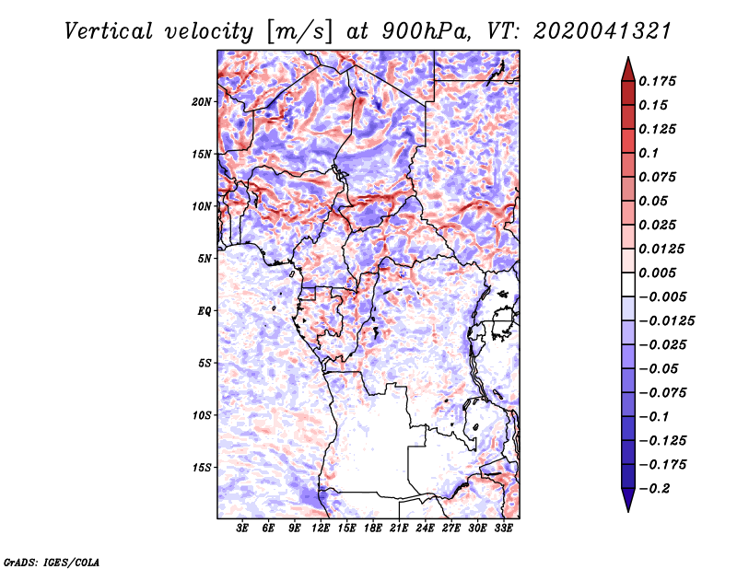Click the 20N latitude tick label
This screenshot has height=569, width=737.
[x=202, y=102]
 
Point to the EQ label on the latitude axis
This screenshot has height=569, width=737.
[x=204, y=311]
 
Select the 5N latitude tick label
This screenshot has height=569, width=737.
[x=205, y=259]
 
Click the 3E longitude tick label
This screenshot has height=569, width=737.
[x=242, y=528]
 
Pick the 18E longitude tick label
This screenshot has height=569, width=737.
[x=373, y=528]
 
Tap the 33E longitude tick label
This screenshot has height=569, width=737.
[x=503, y=528]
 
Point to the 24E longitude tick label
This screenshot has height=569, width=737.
[x=425, y=528]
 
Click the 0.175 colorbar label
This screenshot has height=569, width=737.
[x=657, y=81]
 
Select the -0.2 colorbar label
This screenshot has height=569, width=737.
[x=654, y=489]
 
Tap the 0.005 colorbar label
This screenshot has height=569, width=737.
[x=657, y=273]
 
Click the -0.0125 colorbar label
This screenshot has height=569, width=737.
[x=666, y=321]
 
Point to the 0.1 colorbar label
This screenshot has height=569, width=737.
[x=649, y=153]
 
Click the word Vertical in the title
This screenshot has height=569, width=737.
[x=109, y=31]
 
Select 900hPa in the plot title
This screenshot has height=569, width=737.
[x=426, y=31]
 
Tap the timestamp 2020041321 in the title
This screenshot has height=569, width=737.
[x=602, y=31]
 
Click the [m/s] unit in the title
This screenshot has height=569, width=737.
[x=298, y=32]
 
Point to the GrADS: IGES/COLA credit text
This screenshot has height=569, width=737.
[x=52, y=562]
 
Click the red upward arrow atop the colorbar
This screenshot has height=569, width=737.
[x=628, y=69]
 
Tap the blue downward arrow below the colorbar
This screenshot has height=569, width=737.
[x=628, y=500]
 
